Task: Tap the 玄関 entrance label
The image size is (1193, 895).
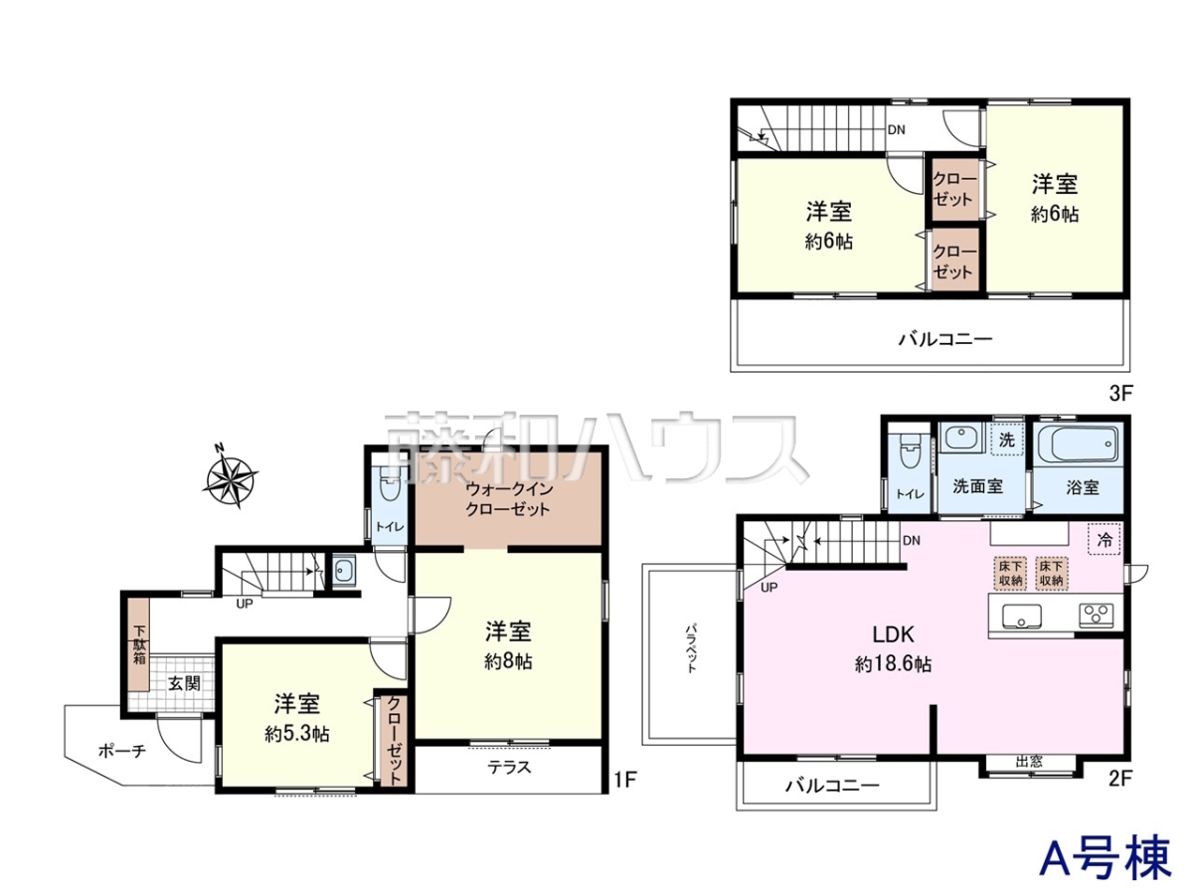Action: coord(184,683)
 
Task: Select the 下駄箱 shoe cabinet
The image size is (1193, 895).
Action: coord(140,644)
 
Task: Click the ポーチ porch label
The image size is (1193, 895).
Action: coord(122,751)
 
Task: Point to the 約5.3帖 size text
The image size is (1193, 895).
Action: coord(297,735)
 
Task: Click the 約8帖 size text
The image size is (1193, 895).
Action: coord(508,661)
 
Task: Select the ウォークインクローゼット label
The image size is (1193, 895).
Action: coord(508,499)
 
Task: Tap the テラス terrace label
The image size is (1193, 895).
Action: coord(509,768)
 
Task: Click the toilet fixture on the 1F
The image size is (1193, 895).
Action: coord(389,483)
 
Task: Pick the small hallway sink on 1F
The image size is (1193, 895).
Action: coord(344,571)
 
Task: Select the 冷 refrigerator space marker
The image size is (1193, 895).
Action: coord(1105,539)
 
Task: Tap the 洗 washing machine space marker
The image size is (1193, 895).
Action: coord(1006,440)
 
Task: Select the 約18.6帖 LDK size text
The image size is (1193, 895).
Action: coord(893,664)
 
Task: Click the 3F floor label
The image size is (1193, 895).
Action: coord(1119,393)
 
